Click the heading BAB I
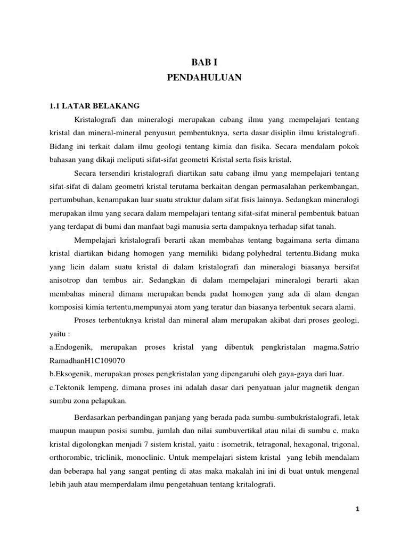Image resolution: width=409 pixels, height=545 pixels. [204, 62]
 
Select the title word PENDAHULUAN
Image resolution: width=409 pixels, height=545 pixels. [204, 78]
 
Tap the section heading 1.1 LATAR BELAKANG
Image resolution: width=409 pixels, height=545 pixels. [95, 105]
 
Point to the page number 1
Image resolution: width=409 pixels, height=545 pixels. [358, 509]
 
